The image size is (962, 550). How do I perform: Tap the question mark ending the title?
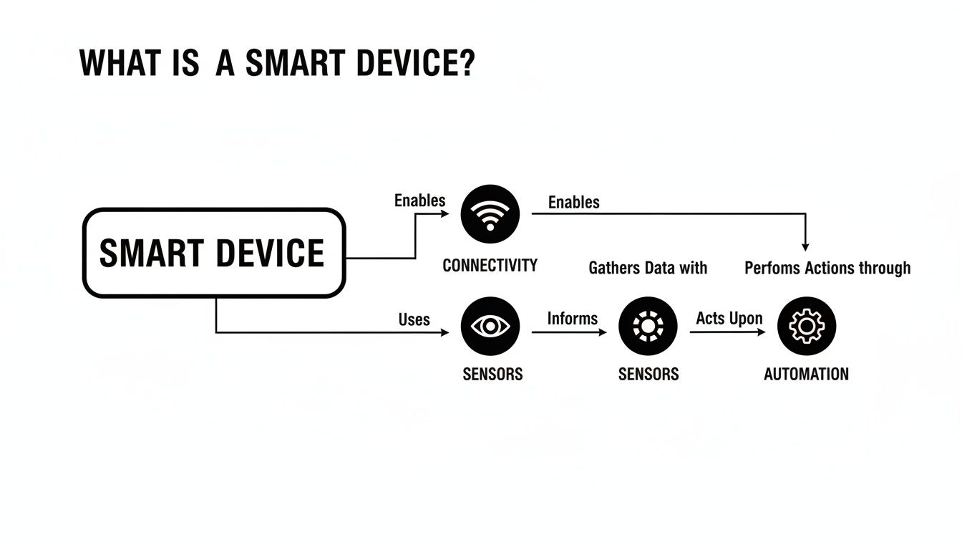click(465, 64)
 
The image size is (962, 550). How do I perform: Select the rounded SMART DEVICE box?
click(214, 253)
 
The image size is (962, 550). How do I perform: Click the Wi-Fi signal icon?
click(490, 213)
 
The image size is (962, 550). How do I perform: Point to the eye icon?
click(490, 327)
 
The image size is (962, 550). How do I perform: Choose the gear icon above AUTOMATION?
click(806, 327)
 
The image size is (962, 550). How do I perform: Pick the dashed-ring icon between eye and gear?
click(648, 327)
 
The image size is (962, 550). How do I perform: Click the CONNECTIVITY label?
click(490, 266)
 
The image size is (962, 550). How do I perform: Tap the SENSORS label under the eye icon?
click(492, 374)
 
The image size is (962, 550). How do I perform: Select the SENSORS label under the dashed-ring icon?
click(648, 374)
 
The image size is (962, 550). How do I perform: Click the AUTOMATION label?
click(806, 374)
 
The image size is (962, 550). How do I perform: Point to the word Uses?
click(414, 319)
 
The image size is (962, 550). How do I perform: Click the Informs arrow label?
click(572, 318)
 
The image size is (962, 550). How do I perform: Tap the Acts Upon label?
click(729, 318)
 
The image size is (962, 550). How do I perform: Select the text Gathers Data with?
click(648, 268)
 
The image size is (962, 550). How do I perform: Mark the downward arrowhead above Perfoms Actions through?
click(806, 246)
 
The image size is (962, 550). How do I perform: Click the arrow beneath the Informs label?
click(569, 332)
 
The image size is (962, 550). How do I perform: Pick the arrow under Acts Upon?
click(727, 332)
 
